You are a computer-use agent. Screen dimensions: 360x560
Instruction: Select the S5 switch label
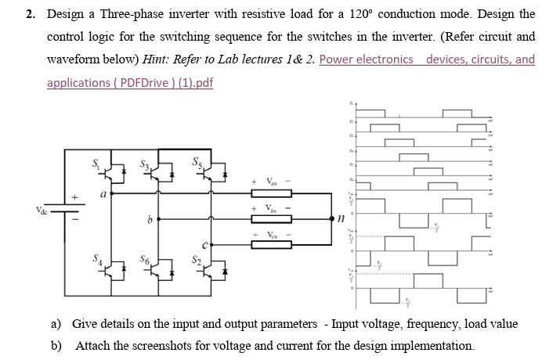(x=197, y=164)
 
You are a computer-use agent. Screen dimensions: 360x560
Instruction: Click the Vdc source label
(x=41, y=210)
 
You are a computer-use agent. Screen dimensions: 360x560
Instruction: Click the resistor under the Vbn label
(x=270, y=220)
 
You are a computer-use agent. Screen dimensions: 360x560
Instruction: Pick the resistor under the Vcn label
(x=270, y=245)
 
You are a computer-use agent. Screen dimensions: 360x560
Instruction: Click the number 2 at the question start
(x=29, y=14)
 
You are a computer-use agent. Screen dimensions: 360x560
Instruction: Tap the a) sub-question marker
(x=56, y=324)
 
